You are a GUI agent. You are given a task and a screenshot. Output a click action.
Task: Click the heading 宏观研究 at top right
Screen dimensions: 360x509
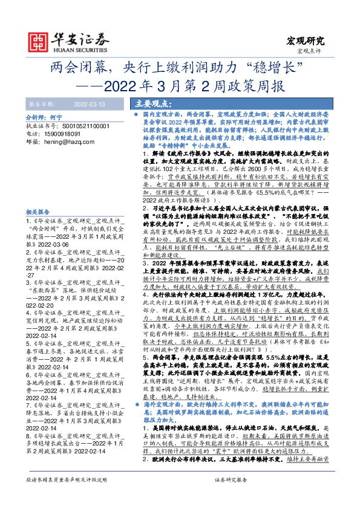point(305,41)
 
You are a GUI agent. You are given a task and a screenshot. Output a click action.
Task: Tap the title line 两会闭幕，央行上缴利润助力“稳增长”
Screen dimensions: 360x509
point(180,66)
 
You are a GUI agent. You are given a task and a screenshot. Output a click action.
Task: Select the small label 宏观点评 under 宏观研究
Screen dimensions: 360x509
point(312,51)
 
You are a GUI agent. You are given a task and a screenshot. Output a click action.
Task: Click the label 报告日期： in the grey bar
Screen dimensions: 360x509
point(41,103)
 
